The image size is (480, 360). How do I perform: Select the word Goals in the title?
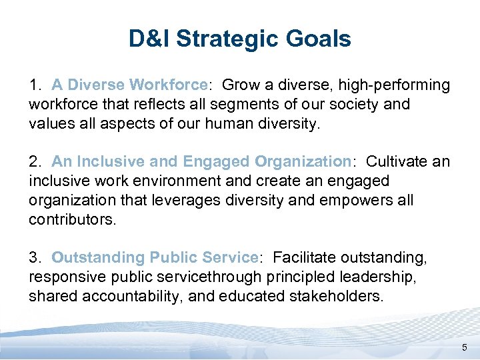319,39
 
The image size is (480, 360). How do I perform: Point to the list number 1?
35,85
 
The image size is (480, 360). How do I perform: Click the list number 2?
35,162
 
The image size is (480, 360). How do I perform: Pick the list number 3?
35,257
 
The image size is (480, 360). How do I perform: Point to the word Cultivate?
399,162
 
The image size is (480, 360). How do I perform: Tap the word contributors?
72,219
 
